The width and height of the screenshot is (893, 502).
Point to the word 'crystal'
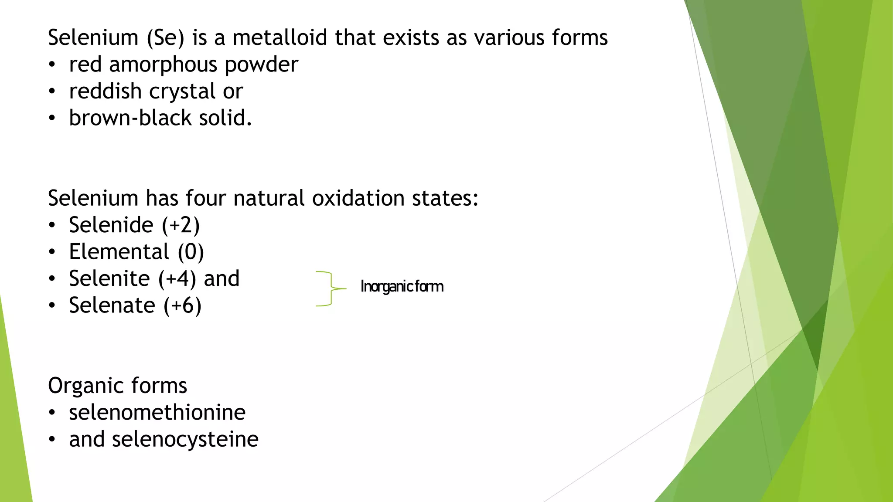click(x=182, y=92)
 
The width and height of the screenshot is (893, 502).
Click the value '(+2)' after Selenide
click(x=181, y=225)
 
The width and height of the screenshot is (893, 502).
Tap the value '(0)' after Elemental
click(x=191, y=252)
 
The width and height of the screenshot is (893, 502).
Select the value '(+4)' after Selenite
click(x=177, y=279)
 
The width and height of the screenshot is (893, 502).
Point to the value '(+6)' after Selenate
click(x=182, y=305)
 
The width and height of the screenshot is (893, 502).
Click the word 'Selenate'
click(x=112, y=305)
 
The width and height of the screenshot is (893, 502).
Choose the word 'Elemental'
click(x=119, y=252)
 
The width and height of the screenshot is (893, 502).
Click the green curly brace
click(x=330, y=288)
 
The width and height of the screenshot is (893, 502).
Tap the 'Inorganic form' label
click(x=402, y=287)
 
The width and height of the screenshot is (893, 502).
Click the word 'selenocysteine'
click(x=185, y=439)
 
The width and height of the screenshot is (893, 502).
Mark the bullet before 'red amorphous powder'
click(x=52, y=65)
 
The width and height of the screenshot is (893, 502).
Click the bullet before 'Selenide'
click(x=52, y=225)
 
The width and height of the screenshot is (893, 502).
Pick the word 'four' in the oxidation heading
click(x=204, y=198)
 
